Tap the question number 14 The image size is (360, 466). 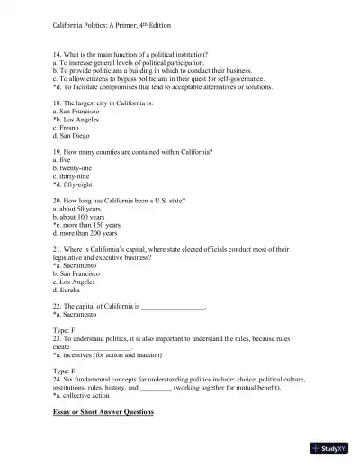pyautogui.click(x=58, y=56)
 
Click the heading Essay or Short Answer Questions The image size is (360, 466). pyautogui.click(x=103, y=411)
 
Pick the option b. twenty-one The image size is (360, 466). pyautogui.click(x=74, y=167)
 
